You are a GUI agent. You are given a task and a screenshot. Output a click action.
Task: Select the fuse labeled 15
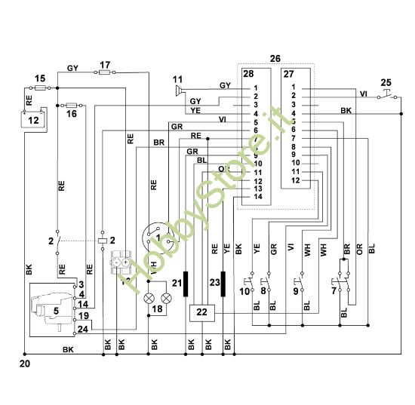(42, 88)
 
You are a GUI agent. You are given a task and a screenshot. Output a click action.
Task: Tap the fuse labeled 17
(106, 72)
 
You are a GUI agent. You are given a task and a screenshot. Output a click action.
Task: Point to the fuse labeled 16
(72, 105)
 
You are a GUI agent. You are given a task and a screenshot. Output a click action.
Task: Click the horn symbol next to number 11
(179, 91)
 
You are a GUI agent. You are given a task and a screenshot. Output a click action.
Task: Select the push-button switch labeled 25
(386, 94)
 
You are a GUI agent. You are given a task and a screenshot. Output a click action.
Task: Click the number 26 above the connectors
(275, 58)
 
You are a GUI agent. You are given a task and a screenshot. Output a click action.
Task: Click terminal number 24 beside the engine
(82, 328)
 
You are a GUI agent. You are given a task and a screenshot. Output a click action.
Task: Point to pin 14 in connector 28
(257, 197)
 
